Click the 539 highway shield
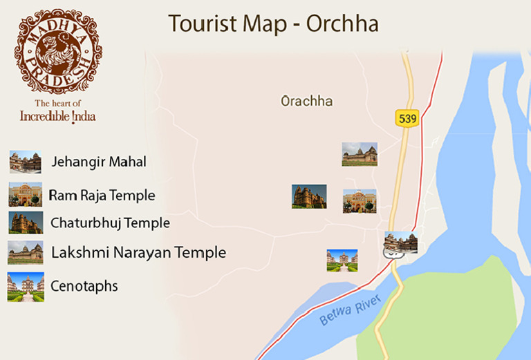pyautogui.click(x=408, y=118)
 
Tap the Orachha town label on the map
pyautogui.click(x=306, y=102)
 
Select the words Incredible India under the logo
pyautogui.click(x=58, y=116)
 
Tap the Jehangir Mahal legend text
pyautogui.click(x=99, y=162)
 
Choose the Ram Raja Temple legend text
pyautogui.click(x=102, y=196)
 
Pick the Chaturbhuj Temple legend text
pyautogui.click(x=110, y=223)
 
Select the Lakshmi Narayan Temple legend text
pyautogui.click(x=138, y=253)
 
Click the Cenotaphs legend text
pyautogui.click(x=84, y=286)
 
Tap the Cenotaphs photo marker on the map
pyautogui.click(x=342, y=260)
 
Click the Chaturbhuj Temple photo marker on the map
pyautogui.click(x=309, y=196)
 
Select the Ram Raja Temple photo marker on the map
pyautogui.click(x=360, y=201)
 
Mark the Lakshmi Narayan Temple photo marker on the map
pyautogui.click(x=360, y=154)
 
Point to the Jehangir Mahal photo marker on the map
pyautogui.click(x=401, y=243)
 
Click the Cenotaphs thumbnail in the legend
pyautogui.click(x=26, y=287)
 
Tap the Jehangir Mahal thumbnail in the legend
pyautogui.click(x=26, y=162)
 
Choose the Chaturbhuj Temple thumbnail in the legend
pyautogui.click(x=26, y=222)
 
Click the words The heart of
pyautogui.click(x=58, y=104)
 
